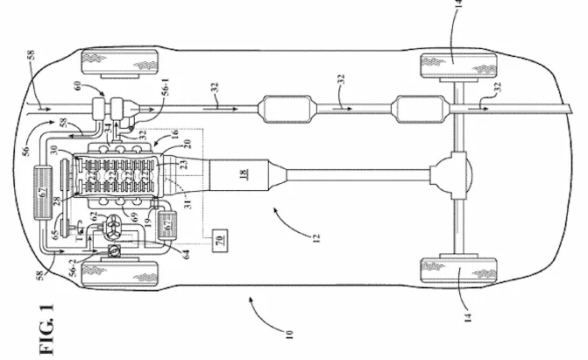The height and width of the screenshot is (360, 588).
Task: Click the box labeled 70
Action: coord(221,237)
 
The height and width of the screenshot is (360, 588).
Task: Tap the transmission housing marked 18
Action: coord(242,176)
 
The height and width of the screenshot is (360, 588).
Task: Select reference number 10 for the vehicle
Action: coord(290,335)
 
